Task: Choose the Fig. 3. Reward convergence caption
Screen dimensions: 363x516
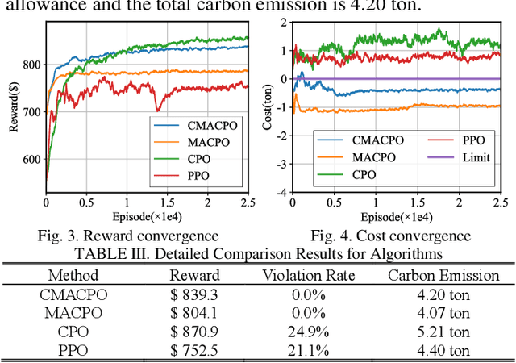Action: tap(127, 235)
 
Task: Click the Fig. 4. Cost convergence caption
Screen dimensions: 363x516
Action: tap(390, 235)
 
